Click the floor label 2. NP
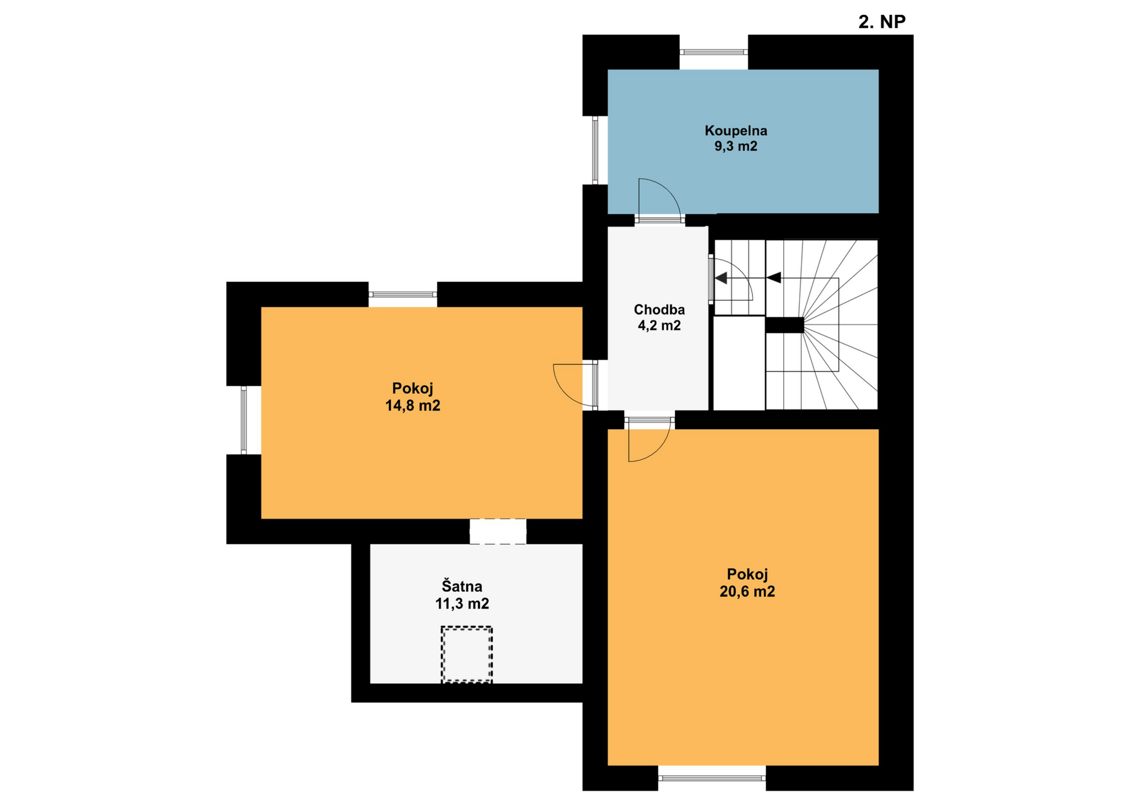pyautogui.click(x=882, y=22)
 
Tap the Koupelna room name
pyautogui.click(x=736, y=131)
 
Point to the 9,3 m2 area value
pyautogui.click(x=736, y=147)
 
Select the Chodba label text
pyautogui.click(x=659, y=309)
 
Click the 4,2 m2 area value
pyautogui.click(x=659, y=325)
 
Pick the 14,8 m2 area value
pyautogui.click(x=413, y=406)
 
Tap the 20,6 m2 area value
pyautogui.click(x=747, y=592)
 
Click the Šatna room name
pyautogui.click(x=462, y=586)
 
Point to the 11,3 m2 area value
pyautogui.click(x=462, y=604)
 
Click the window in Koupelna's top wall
pyautogui.click(x=713, y=52)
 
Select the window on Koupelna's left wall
pyautogui.click(x=595, y=150)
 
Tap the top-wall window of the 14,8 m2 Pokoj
pyautogui.click(x=403, y=294)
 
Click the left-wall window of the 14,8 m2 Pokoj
pyautogui.click(x=243, y=420)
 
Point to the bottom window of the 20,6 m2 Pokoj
pyautogui.click(x=711, y=778)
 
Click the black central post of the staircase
pyautogui.click(x=784, y=325)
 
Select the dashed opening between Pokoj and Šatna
pyautogui.click(x=498, y=531)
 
